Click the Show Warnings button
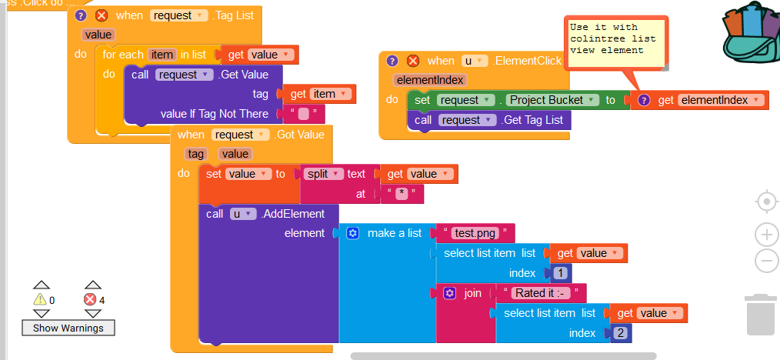click(x=68, y=328)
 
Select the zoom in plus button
click(x=766, y=235)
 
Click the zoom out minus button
click(x=766, y=261)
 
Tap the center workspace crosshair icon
click(x=766, y=202)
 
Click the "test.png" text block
click(x=475, y=233)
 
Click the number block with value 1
click(x=560, y=273)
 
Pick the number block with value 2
click(x=619, y=333)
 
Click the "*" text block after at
click(x=402, y=194)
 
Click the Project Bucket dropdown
click(x=553, y=100)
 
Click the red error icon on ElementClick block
click(x=413, y=61)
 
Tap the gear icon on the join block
click(x=450, y=293)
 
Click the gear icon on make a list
click(x=352, y=233)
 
